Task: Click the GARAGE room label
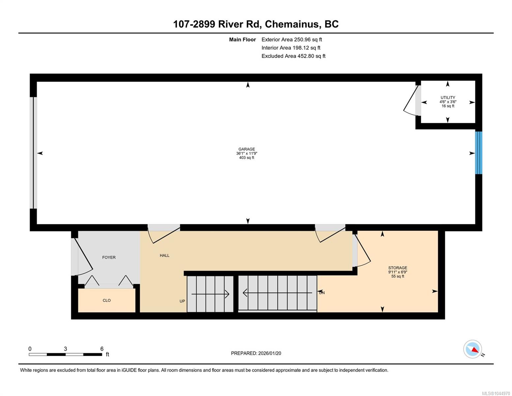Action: [247, 149]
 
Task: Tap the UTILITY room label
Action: [448, 97]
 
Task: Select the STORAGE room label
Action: [398, 268]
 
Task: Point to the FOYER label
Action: [109, 257]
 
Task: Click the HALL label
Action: [165, 255]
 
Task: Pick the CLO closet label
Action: [106, 300]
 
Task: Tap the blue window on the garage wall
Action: [479, 152]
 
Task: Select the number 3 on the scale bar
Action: [65, 348]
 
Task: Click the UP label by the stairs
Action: [182, 301]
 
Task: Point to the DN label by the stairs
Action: [322, 293]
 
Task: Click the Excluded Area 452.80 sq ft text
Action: [293, 56]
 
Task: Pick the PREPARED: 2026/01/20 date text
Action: [256, 353]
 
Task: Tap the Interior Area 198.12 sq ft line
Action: [291, 48]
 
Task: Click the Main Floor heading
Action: [242, 40]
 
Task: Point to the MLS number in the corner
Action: [496, 393]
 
